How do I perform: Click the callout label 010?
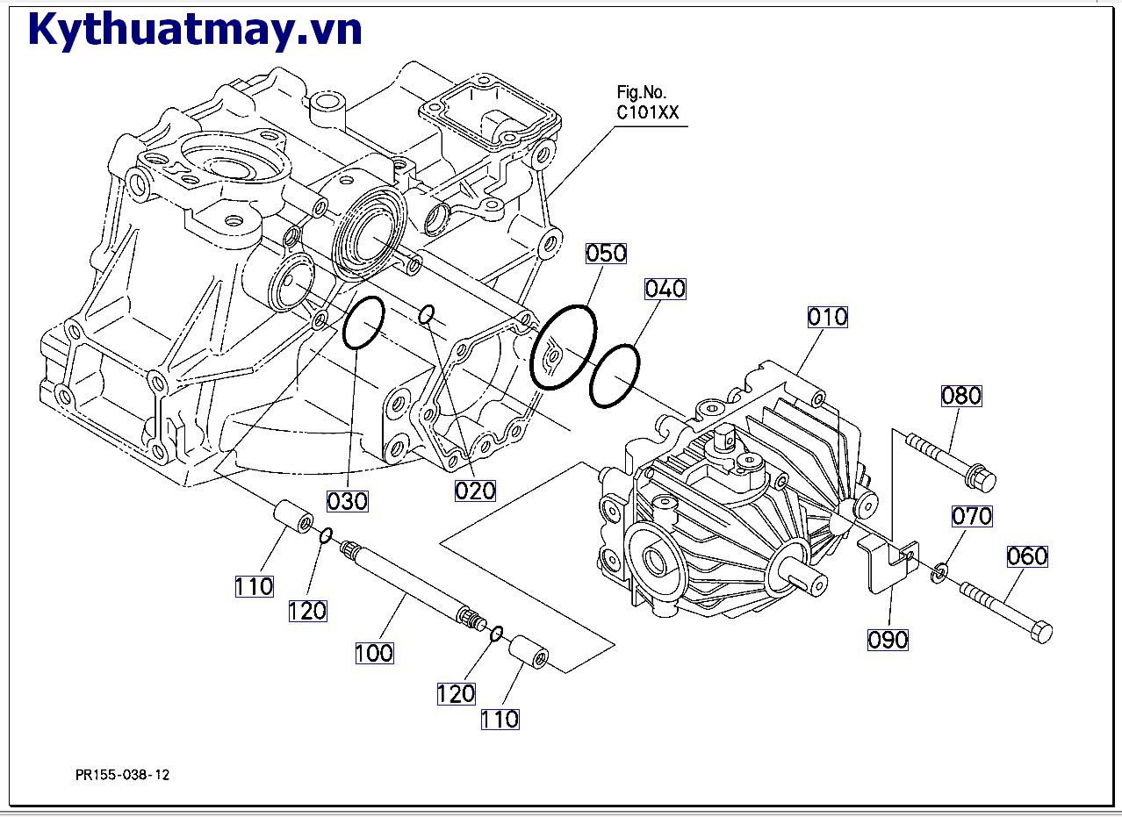(x=828, y=317)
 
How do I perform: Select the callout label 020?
(x=475, y=491)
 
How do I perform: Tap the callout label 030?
(x=348, y=501)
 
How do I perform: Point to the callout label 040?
(x=665, y=289)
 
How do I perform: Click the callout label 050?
(x=607, y=254)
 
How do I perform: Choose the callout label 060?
(x=1027, y=556)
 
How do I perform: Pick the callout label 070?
(x=972, y=516)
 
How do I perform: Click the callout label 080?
(x=961, y=396)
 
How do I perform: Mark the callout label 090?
(x=888, y=640)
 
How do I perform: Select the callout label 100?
(x=375, y=653)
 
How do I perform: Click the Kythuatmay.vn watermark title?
(x=195, y=29)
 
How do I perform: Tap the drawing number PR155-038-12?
(x=123, y=775)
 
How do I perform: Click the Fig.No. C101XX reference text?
(x=648, y=103)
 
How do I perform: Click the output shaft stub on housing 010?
(x=808, y=577)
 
